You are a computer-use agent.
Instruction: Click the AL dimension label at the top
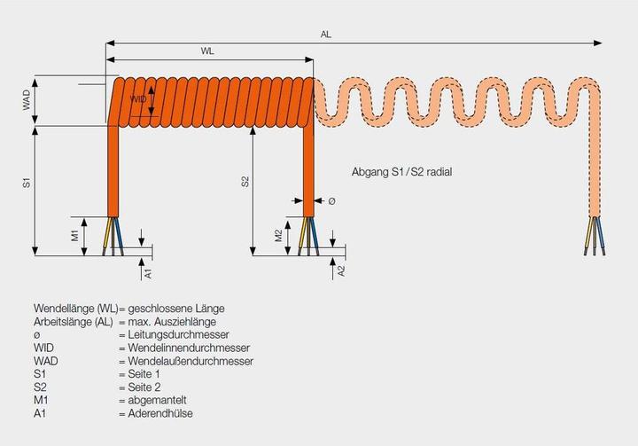326,34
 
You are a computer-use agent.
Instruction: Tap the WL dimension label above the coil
207,52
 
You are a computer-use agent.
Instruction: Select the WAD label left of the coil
27,99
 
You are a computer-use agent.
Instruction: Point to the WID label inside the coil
139,99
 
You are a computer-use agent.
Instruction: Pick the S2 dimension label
245,182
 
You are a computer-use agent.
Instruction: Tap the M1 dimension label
75,235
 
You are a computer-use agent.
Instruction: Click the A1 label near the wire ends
148,272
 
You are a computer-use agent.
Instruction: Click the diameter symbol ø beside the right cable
331,201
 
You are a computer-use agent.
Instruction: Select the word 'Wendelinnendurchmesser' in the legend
184,348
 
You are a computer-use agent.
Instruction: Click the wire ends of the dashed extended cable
595,238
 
